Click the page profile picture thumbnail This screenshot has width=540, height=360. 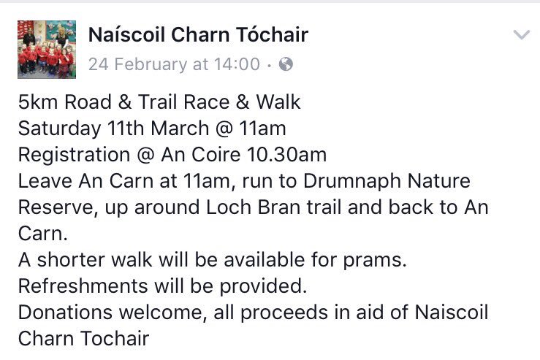pos(46,50)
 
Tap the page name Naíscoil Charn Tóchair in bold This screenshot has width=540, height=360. pos(198,34)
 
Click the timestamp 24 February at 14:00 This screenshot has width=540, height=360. pos(173,64)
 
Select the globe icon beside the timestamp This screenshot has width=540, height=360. pos(286,64)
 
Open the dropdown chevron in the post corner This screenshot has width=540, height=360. pos(521,35)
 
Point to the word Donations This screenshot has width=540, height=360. pos(60,313)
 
